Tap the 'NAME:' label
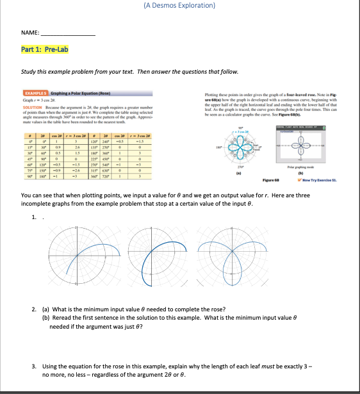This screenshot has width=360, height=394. click(29, 31)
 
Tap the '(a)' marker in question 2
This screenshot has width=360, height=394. click(45, 309)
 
